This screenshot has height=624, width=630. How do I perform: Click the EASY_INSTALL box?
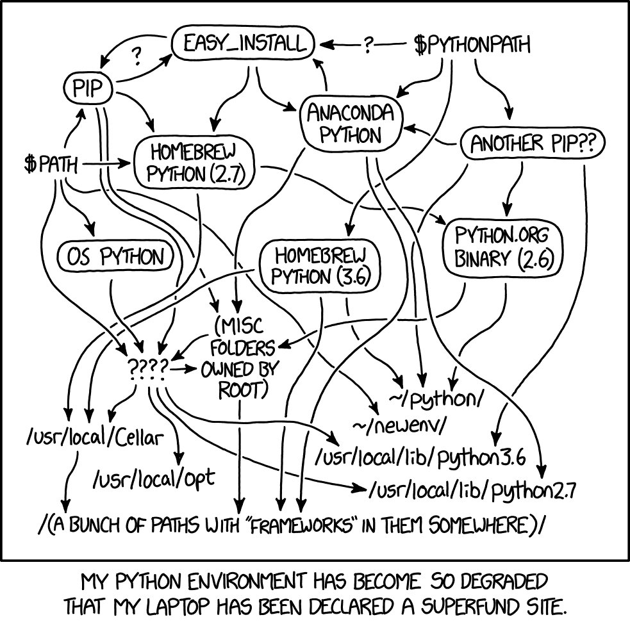[243, 44]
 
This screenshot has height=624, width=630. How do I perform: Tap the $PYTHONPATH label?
[472, 45]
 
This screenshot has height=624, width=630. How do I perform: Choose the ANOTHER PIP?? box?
[533, 145]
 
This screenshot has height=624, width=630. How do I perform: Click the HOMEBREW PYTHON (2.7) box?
[194, 163]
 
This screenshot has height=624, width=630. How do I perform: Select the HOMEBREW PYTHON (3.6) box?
[319, 266]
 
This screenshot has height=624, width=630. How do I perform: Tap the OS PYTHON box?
[115, 257]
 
